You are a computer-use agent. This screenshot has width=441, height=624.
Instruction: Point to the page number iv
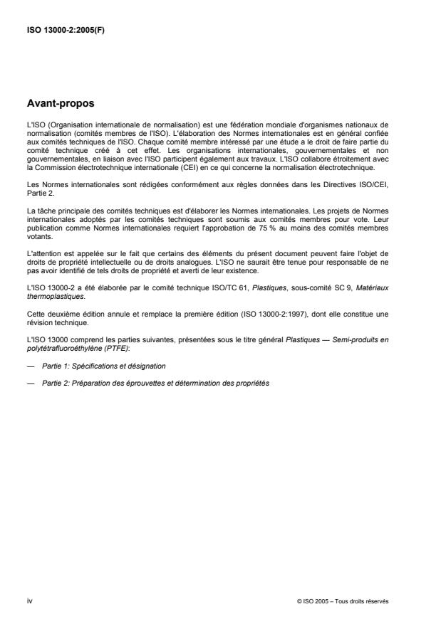[x=29, y=601]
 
